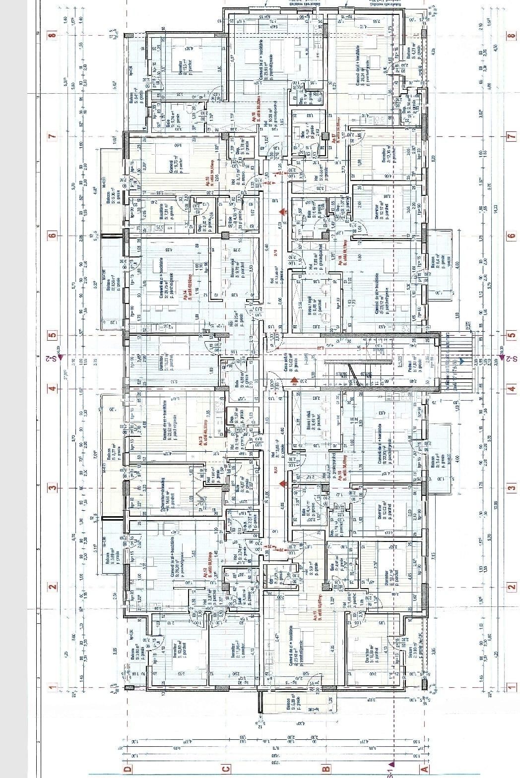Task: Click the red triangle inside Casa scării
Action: [294, 381]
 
